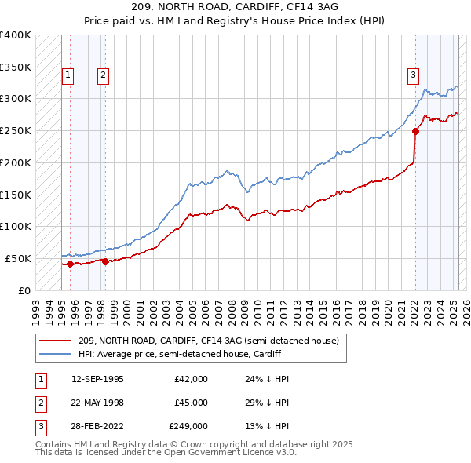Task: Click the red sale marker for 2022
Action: click(415, 131)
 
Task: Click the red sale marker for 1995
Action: click(70, 264)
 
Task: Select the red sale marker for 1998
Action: click(105, 261)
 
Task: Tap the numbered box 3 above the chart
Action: click(413, 75)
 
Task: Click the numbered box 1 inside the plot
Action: click(68, 75)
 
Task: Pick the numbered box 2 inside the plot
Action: click(103, 75)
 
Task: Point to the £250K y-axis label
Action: click(16, 130)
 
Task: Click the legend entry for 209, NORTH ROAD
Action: click(208, 341)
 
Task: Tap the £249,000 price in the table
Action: click(188, 426)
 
